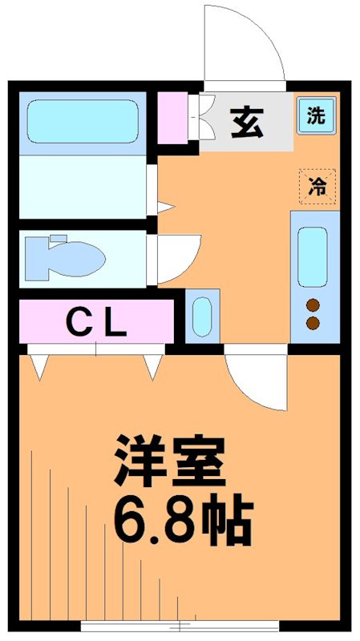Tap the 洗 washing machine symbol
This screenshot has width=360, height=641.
pos(317,115)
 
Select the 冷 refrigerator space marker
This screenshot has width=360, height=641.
pos(317,187)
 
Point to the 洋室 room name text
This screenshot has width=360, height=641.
pos(168,462)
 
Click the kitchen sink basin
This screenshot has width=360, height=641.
pos(313,256)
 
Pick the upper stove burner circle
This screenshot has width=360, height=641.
pos(313,304)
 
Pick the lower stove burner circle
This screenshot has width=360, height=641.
pos(313,323)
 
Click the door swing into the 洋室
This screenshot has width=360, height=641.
pos(255,381)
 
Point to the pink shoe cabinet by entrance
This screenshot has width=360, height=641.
pos(172,119)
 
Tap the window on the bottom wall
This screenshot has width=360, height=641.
pos(180,626)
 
